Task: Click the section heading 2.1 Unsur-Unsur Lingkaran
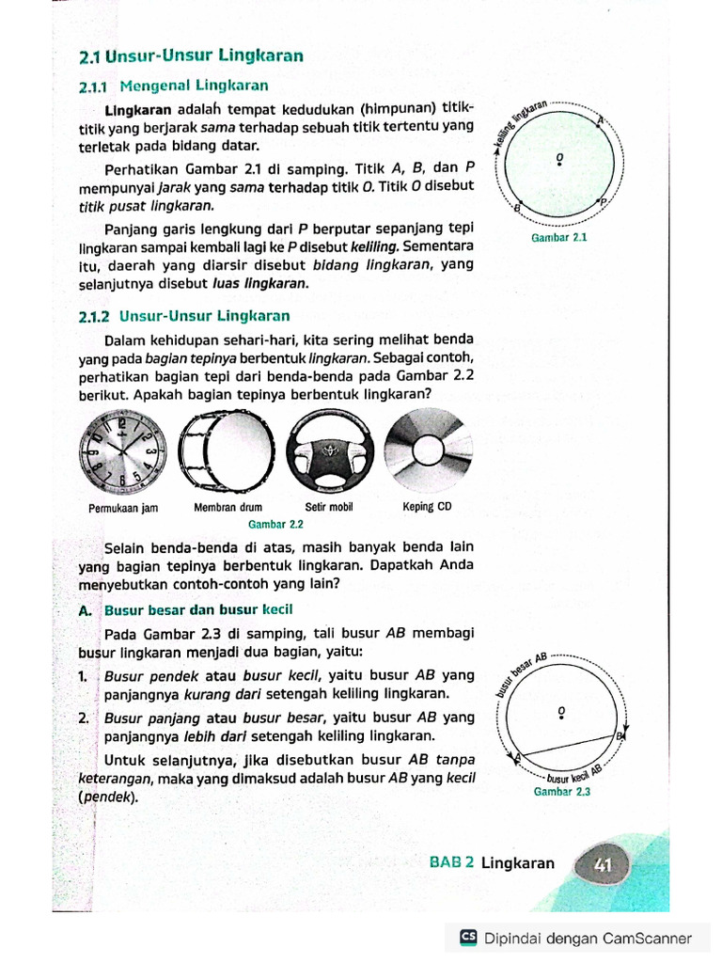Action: tap(192, 56)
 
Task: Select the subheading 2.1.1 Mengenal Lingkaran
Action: tap(174, 87)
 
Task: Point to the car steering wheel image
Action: tap(328, 453)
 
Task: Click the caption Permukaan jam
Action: tap(122, 508)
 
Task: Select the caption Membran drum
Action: tap(228, 508)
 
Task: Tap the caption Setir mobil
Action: tap(328, 508)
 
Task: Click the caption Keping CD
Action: tap(427, 508)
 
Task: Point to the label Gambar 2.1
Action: tap(559, 238)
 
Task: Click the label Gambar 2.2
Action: tap(275, 524)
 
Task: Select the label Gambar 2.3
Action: tap(561, 791)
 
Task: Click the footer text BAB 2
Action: tap(451, 863)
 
